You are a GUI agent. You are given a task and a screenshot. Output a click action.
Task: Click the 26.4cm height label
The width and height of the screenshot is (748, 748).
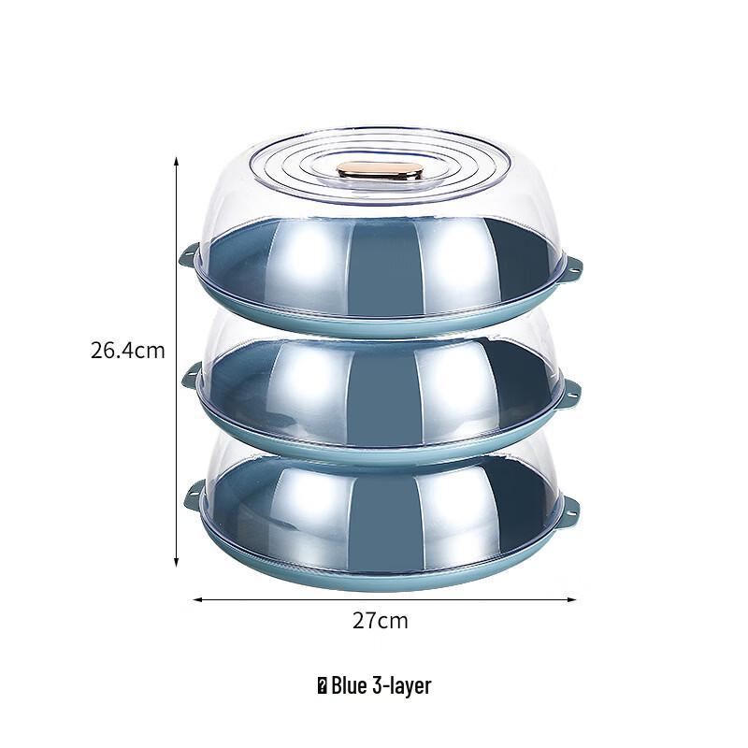pyautogui.click(x=127, y=352)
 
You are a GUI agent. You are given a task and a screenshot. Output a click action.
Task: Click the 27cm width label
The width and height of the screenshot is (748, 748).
pyautogui.click(x=379, y=621)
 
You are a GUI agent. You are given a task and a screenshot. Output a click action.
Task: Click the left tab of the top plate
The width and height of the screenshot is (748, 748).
pyautogui.click(x=188, y=254)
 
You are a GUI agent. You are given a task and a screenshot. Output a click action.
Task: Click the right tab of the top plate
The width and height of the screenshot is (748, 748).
pyautogui.click(x=571, y=270)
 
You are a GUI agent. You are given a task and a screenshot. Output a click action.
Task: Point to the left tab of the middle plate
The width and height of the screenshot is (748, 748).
pyautogui.click(x=191, y=378)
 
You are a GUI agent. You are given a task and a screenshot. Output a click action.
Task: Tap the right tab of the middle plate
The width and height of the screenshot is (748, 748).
pyautogui.click(x=569, y=394)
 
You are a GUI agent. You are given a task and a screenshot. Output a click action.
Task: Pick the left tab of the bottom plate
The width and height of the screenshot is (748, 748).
pyautogui.click(x=194, y=496)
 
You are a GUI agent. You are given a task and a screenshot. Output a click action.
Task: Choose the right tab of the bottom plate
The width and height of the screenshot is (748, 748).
pyautogui.click(x=568, y=511)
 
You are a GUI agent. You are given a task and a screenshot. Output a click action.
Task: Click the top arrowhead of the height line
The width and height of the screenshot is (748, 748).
pyautogui.click(x=177, y=162)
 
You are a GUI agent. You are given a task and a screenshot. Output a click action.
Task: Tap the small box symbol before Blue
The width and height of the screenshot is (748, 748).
pyautogui.click(x=322, y=686)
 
